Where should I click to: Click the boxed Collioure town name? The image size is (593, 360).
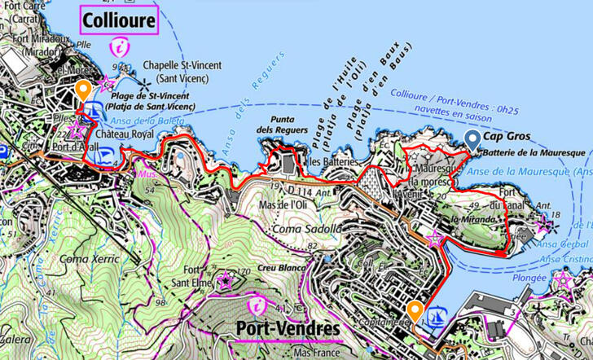point(119,20)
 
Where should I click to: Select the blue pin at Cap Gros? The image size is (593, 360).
point(472,140)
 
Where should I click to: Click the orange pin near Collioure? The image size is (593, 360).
point(82,89)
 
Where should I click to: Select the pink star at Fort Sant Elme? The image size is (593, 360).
point(226,282)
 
